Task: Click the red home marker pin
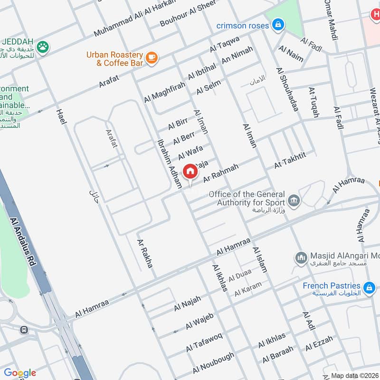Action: [x=190, y=171]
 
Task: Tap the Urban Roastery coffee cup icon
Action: [x=152, y=57]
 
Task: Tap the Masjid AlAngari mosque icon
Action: [x=300, y=258]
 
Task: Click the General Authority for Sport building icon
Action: [x=294, y=200]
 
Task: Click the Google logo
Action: [x=19, y=373]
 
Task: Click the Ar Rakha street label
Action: [x=145, y=253]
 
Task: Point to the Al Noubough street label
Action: [x=213, y=363]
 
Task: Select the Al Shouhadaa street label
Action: [x=287, y=89]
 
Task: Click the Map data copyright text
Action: [x=354, y=375]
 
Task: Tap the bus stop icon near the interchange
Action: [x=24, y=330]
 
